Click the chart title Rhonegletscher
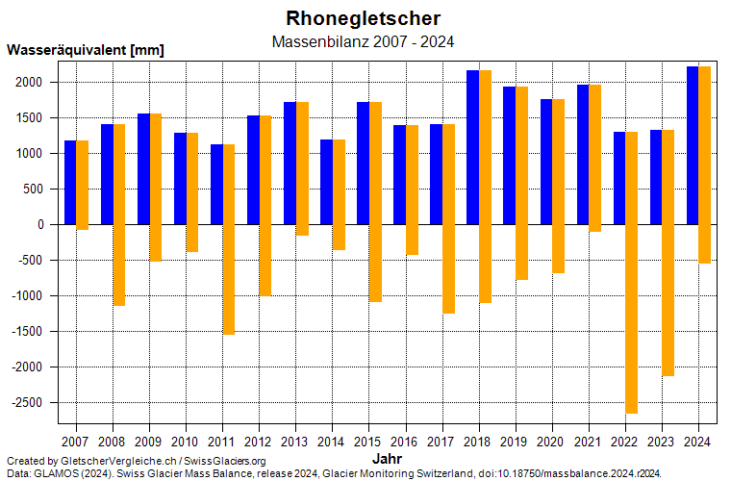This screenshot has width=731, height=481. coord(364,18)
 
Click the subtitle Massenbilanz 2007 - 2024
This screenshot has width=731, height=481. coord(364,42)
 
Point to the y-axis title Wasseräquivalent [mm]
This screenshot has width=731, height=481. coord(86,50)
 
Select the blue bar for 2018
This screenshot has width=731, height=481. coord(472,147)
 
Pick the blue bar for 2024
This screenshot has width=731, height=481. coord(692,145)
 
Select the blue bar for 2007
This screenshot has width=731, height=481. coord(70,183)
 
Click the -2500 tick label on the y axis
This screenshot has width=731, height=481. coord(29,403)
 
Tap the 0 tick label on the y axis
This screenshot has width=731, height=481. coord(42,225)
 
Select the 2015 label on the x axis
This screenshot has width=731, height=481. coord(368,442)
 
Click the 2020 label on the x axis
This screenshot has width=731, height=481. coord(551,442)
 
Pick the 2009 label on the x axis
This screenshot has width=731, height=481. coord(149,442)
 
